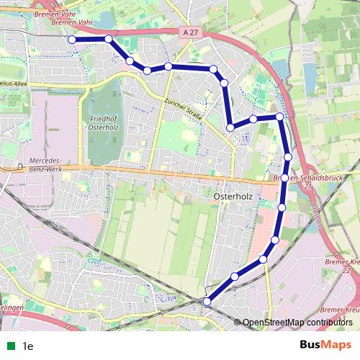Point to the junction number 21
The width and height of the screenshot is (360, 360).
click(x=307, y=186)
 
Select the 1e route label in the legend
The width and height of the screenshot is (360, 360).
click(x=28, y=346)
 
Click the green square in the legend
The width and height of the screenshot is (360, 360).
click(x=10, y=346)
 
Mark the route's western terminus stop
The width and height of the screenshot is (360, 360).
click(x=71, y=40)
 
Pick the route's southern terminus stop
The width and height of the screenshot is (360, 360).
click(x=207, y=302)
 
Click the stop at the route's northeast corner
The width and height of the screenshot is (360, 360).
click(x=279, y=116)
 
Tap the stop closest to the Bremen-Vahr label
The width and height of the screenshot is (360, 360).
click(x=108, y=39)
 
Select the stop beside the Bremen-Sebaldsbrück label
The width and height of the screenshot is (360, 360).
click(x=285, y=178)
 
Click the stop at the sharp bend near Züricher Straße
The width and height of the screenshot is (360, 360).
click(x=230, y=127)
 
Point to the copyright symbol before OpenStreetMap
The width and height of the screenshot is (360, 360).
click(x=238, y=323)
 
